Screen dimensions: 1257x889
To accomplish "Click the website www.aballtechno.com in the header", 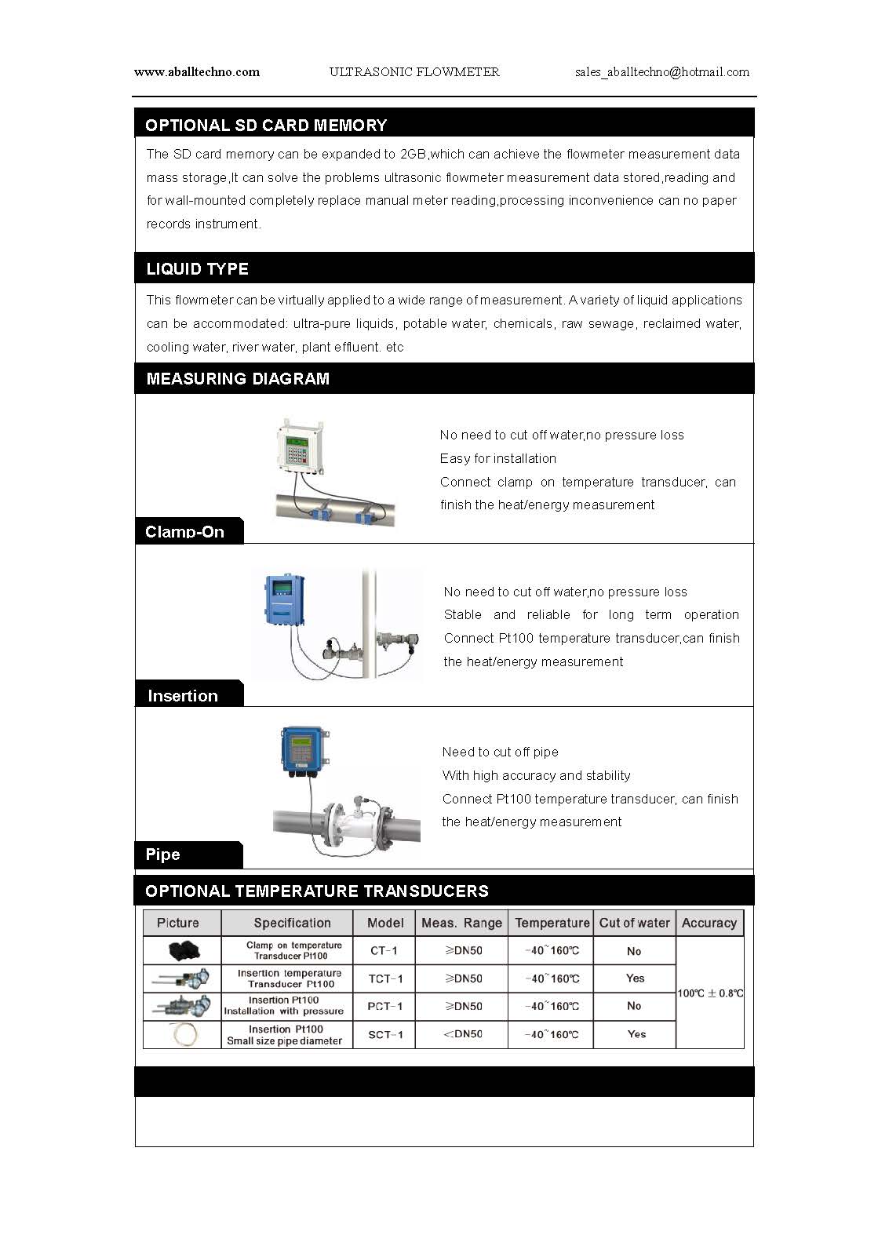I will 197,72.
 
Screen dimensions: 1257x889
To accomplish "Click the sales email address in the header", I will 661,72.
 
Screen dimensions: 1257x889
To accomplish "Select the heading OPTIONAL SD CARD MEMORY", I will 266,126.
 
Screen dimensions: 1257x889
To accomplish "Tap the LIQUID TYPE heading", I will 197,269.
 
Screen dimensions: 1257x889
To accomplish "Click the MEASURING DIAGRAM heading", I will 238,379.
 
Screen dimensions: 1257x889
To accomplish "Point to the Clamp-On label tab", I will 185,532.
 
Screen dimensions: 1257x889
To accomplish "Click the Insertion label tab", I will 183,696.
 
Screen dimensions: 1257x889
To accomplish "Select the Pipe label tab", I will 163,854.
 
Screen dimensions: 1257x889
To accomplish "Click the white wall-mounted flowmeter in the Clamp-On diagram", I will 300,447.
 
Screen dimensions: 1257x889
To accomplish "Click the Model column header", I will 385,923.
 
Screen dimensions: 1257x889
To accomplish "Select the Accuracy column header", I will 709,923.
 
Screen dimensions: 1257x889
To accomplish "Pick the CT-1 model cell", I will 384,950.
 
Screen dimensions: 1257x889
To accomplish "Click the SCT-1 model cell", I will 385,1035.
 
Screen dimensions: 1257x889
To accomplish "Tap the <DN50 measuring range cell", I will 463,1034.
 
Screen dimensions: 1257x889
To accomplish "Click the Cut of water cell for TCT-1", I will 635,978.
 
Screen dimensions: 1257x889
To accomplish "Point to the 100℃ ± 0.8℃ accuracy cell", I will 710,993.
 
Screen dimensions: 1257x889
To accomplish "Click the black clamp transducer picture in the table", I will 184,951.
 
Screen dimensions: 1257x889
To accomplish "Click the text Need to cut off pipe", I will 500,752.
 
